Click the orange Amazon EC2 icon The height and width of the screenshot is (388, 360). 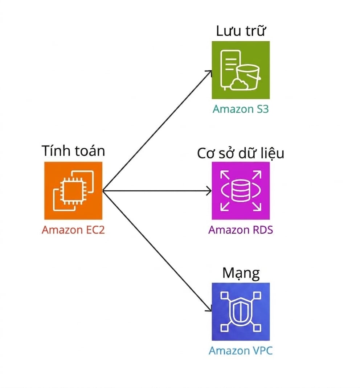coord(73,190)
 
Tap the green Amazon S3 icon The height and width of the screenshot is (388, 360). coord(241,70)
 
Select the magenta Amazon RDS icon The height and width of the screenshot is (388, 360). coord(241,190)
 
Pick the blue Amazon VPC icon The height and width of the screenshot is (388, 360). coord(241,311)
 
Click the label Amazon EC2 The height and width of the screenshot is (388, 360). coord(73,230)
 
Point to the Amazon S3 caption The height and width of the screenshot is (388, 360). coord(241,109)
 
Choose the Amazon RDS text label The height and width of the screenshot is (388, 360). coord(241,230)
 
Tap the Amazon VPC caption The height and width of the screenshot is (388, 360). coord(241,351)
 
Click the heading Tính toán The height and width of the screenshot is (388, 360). coord(73,150)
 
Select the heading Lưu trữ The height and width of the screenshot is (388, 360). coord(241,30)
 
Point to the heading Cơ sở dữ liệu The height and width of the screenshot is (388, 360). coord(241,153)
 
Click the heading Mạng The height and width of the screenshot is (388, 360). coord(241,273)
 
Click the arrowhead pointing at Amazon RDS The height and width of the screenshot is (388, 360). coord(209,191)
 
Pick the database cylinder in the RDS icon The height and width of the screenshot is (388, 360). coord(241,190)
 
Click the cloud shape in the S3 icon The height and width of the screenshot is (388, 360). coord(239,84)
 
